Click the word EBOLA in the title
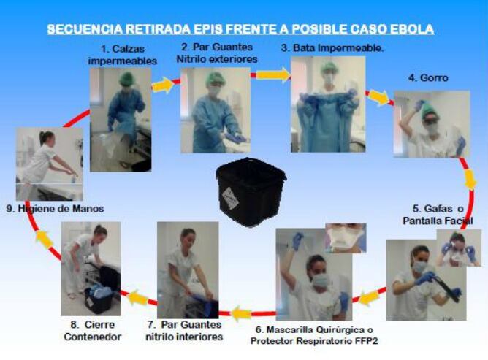(412, 29)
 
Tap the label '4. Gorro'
(428, 78)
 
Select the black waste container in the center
(251, 192)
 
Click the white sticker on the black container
(231, 197)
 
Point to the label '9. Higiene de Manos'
(55, 208)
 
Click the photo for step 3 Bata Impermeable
(328, 104)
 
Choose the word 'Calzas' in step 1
(129, 49)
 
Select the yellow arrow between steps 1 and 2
(163, 85)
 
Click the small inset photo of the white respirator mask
(346, 238)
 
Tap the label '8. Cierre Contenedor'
(93, 331)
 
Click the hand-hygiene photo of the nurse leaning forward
(50, 164)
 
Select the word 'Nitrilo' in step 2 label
(191, 59)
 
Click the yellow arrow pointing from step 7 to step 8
(139, 297)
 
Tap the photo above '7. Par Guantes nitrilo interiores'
(188, 269)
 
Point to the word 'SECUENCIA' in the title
(85, 29)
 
